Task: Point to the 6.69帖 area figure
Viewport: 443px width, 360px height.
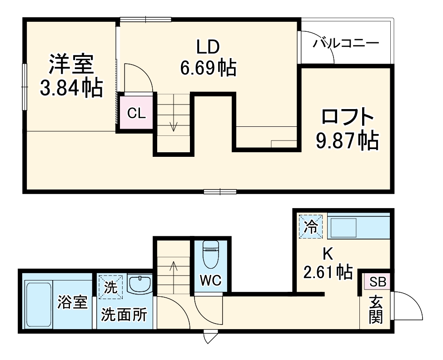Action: (x=208, y=68)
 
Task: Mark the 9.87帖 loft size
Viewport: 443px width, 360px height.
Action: (x=347, y=141)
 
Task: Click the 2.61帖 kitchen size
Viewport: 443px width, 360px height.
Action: (x=327, y=272)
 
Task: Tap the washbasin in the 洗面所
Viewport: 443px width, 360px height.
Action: (x=139, y=285)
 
